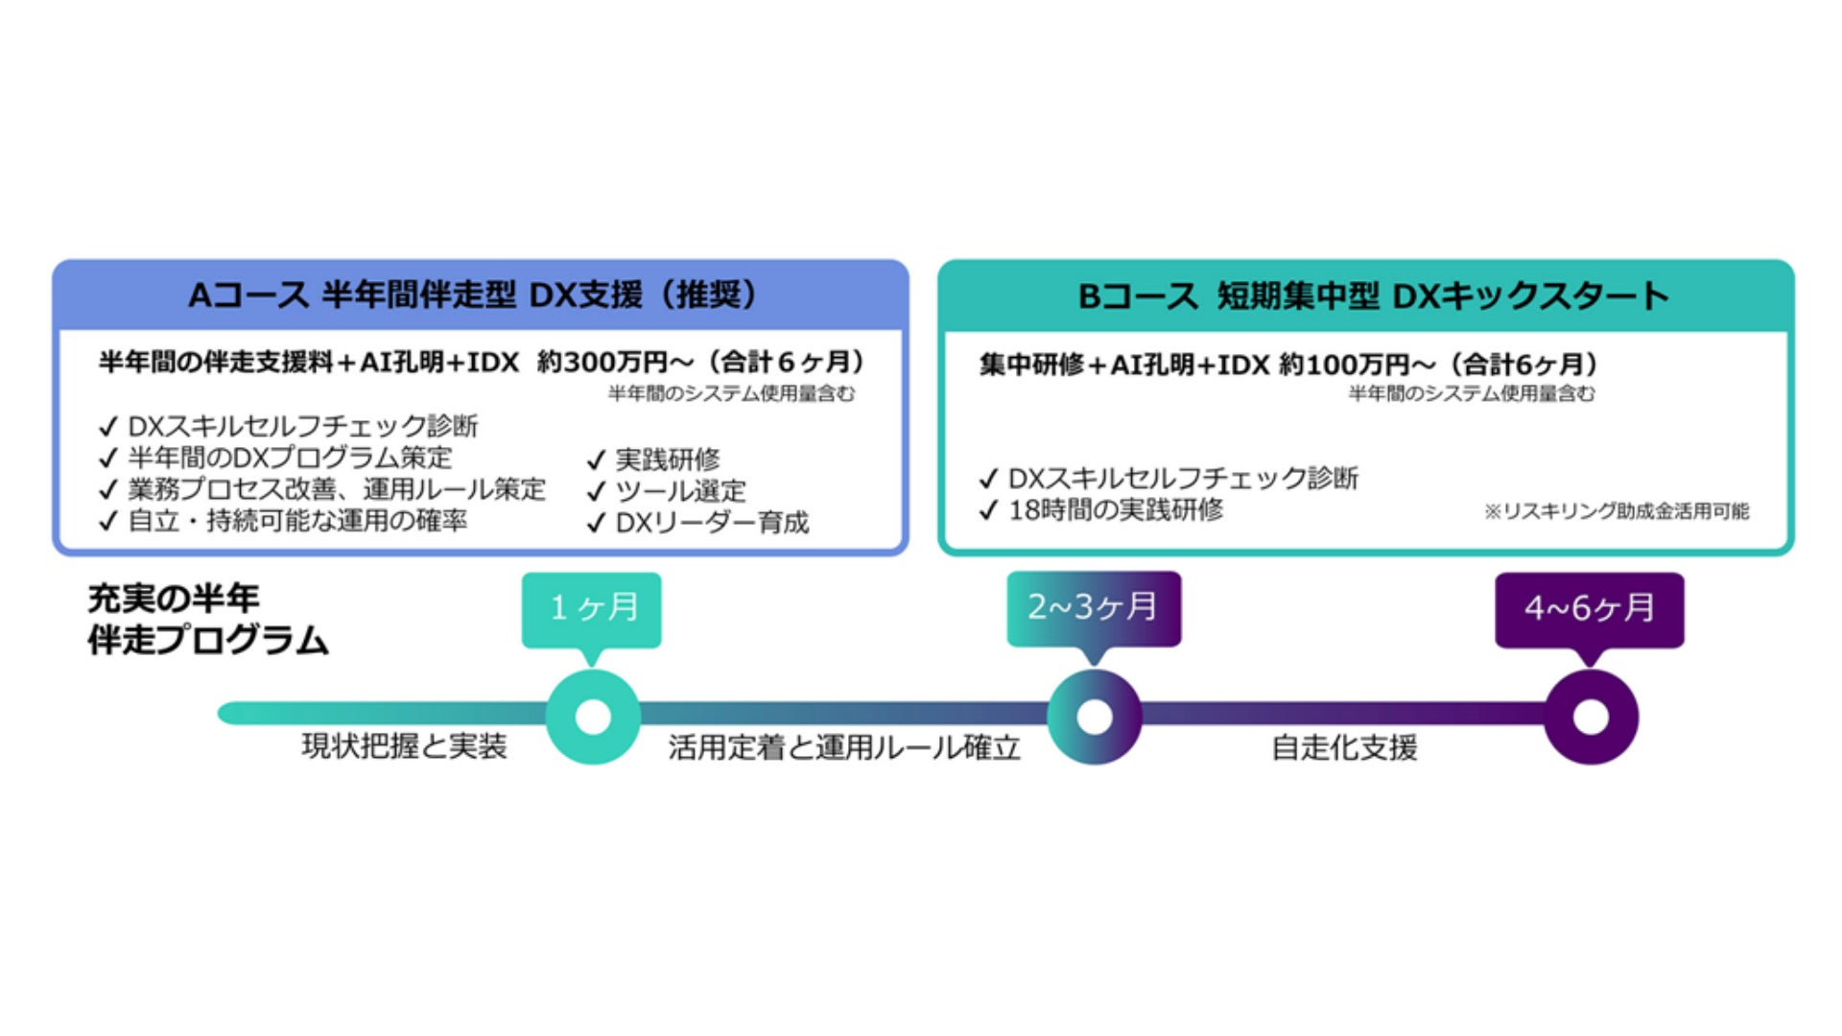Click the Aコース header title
475,294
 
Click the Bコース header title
1373,295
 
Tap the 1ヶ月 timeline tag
592,608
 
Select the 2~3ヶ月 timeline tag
1093,607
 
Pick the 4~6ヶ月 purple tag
1589,608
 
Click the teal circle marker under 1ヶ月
593,717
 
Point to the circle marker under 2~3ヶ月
1094,717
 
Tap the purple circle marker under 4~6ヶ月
1591,717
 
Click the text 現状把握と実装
404,746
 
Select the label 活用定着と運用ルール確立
844,747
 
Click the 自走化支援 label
1344,747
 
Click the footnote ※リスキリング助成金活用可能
1617,511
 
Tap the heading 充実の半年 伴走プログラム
207,619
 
